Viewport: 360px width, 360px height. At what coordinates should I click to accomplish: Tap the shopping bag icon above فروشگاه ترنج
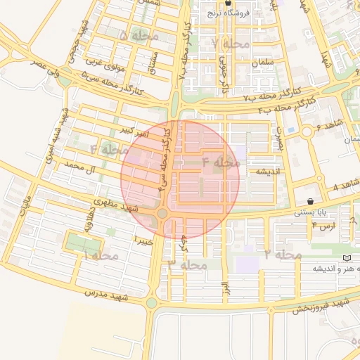coord(227,3)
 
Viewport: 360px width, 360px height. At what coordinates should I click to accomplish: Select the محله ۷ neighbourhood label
coord(230,44)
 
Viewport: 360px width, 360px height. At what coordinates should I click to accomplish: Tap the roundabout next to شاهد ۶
coord(307,131)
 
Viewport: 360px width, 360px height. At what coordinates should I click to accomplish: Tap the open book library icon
coord(346,259)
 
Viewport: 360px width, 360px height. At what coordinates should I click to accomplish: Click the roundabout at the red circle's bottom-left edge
coord(162,213)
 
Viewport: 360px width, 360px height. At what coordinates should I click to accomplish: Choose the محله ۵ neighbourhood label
coord(139,35)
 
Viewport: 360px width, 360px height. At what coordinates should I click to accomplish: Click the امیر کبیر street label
coord(133,131)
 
